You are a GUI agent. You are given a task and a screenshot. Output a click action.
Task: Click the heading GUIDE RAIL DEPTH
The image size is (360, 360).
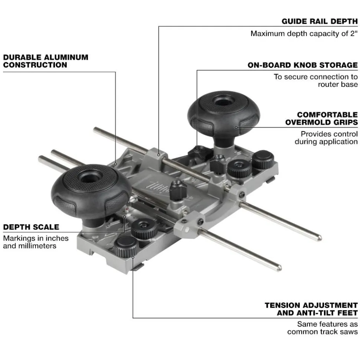(x=320, y=22)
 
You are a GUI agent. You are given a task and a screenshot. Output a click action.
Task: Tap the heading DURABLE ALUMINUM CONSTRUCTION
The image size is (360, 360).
(x=46, y=61)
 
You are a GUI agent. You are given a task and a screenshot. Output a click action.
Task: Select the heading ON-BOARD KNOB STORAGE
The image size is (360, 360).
(x=302, y=65)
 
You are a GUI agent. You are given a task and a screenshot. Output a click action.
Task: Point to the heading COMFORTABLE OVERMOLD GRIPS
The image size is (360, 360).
(x=322, y=119)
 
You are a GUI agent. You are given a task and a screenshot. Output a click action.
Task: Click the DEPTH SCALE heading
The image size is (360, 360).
(x=31, y=227)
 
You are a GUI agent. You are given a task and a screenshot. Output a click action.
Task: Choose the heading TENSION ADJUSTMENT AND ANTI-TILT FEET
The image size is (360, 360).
(x=311, y=309)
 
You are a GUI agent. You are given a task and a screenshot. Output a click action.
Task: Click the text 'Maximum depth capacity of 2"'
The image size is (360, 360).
(x=304, y=33)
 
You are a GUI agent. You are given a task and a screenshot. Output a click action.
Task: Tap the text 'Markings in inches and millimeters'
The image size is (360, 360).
(x=36, y=242)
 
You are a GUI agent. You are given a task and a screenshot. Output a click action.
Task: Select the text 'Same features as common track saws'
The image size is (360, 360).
(x=322, y=328)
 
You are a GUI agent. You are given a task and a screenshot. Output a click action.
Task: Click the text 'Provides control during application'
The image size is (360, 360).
(x=326, y=138)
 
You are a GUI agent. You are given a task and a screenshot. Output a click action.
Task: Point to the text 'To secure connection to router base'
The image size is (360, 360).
(x=315, y=80)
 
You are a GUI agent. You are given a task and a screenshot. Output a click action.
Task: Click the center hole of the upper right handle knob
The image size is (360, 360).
(x=222, y=101)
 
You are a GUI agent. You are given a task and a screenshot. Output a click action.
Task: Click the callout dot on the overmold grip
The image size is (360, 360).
(x=236, y=127)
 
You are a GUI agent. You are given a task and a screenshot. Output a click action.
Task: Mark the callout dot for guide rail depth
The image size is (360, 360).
(x=158, y=155)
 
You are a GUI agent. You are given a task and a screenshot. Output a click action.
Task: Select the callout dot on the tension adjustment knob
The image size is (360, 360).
(x=133, y=257)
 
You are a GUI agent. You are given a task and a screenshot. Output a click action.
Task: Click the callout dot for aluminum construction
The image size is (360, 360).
(x=115, y=164)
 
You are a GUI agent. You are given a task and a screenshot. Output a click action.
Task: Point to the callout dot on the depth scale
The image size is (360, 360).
(x=125, y=217)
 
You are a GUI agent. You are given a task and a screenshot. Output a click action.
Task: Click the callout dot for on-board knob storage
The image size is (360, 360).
(x=197, y=151)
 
